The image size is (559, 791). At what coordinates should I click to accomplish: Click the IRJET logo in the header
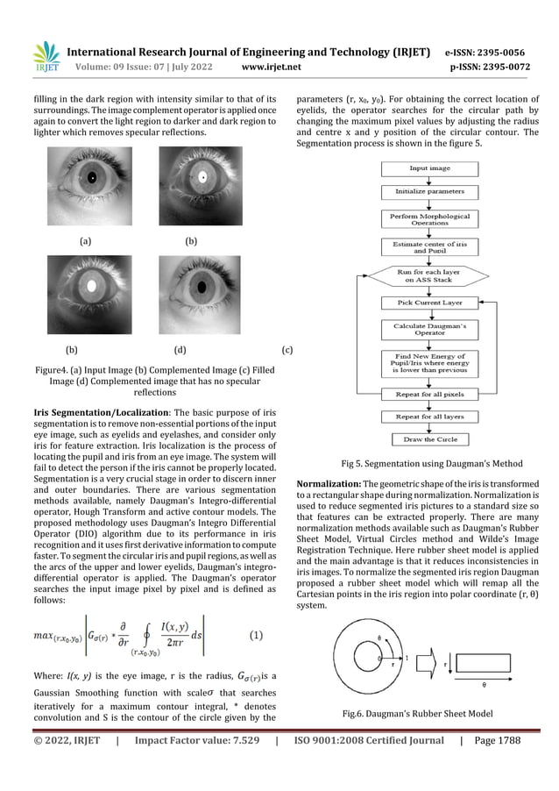pos(46,56)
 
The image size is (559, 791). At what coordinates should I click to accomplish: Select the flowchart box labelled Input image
pos(429,167)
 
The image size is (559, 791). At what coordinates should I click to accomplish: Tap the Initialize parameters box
pos(429,190)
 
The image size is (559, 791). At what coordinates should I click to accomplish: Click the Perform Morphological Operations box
pos(429,219)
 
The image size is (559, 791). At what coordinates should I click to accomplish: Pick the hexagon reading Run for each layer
pos(429,276)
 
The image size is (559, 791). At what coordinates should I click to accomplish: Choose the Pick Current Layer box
pos(429,303)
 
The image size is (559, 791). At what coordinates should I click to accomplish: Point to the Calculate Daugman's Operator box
pos(429,330)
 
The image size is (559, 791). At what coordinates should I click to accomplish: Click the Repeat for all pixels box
pos(429,394)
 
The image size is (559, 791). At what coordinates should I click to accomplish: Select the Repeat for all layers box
pos(429,417)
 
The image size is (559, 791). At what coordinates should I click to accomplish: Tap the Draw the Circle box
pos(429,439)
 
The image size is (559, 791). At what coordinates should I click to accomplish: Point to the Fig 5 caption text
pos(431,464)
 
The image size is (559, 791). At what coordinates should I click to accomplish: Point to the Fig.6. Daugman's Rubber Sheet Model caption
pos(419,714)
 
